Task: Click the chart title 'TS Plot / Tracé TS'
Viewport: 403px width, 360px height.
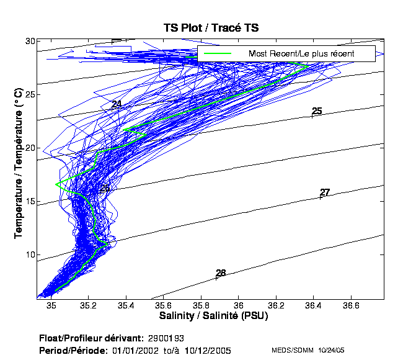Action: click(211, 28)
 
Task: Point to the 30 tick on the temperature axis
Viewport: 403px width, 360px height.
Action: click(29, 41)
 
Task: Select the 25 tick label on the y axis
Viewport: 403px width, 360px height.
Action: click(29, 94)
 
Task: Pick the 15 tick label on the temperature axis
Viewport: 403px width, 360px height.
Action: click(29, 201)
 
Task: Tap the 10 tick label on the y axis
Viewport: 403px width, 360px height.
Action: click(29, 254)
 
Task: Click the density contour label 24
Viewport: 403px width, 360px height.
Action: click(117, 104)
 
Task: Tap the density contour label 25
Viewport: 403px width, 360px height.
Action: click(317, 111)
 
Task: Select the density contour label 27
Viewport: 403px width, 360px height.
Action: click(325, 192)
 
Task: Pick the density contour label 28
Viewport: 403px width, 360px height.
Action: click(221, 273)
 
